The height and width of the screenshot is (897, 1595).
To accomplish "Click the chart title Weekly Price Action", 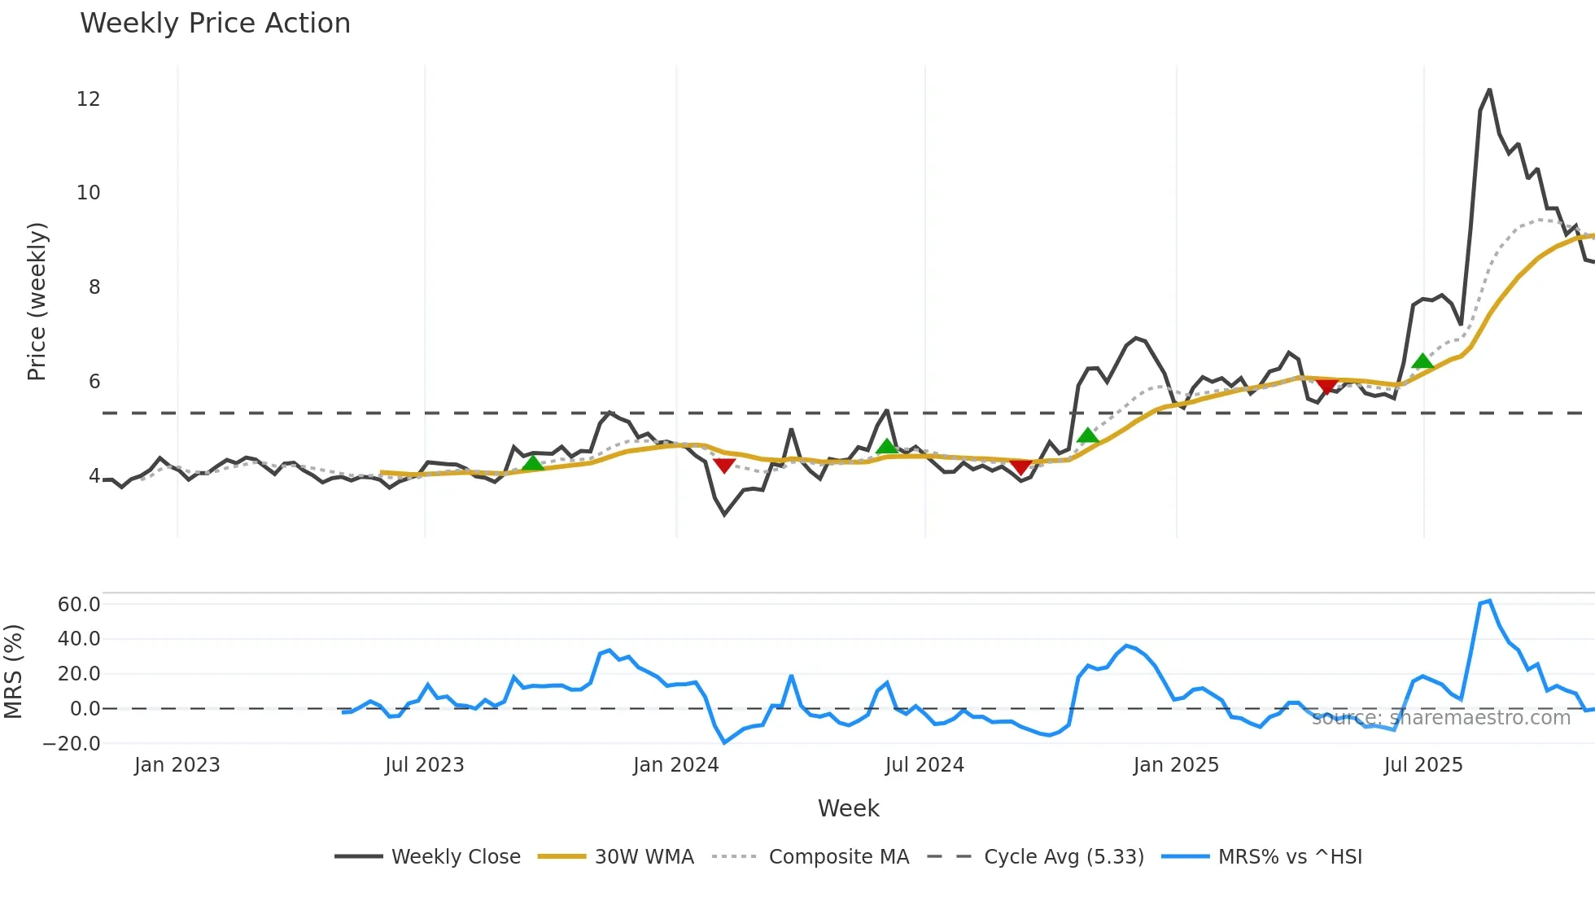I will click(215, 24).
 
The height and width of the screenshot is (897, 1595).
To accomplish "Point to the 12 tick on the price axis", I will click(88, 99).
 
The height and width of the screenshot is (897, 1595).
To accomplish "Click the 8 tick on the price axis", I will click(94, 287).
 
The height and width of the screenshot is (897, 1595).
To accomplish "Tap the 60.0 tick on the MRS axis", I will click(79, 605).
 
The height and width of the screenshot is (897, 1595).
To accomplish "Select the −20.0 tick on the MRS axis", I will click(72, 744).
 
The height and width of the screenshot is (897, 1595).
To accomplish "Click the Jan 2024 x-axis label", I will click(675, 765).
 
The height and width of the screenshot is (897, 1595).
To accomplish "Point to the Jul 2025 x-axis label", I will click(1423, 765).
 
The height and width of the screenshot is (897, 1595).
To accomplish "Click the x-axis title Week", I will click(848, 808).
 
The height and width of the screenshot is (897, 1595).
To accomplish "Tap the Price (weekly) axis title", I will click(37, 301).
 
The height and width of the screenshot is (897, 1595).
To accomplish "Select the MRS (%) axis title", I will click(13, 672).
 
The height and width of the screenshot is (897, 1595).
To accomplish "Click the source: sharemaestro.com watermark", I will click(1440, 718).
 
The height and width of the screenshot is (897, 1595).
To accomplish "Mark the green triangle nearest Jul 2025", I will click(1422, 361).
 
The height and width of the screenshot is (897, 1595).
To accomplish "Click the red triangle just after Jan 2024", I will click(723, 466).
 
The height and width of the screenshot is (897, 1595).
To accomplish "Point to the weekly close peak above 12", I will click(1489, 90).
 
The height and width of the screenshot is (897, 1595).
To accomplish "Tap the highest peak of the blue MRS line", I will click(1489, 602).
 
